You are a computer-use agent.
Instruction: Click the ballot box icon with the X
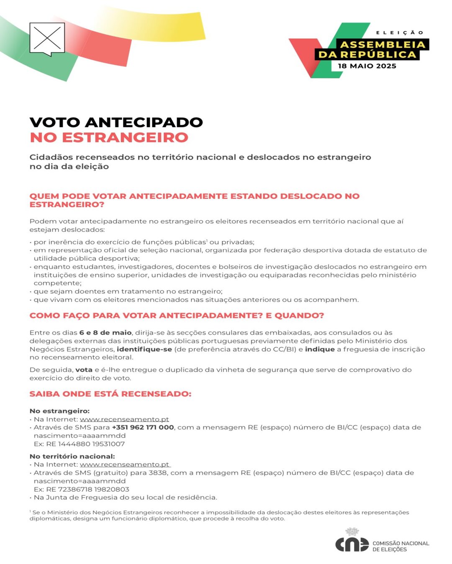tap(47, 39)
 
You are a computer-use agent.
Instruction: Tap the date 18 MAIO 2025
tap(367, 66)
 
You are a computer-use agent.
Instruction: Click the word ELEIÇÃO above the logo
tap(400, 33)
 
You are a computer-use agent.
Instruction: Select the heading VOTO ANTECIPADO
tap(116, 122)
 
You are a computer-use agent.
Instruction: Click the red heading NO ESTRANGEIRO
tap(109, 137)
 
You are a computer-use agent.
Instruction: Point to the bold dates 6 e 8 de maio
tap(105, 333)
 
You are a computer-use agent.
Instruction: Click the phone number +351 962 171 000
tap(143, 427)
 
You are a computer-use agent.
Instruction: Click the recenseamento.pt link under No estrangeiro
tap(124, 419)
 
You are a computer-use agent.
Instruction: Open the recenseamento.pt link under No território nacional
tap(125, 465)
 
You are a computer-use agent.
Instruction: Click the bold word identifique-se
tap(144, 349)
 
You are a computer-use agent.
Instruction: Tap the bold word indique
tap(320, 349)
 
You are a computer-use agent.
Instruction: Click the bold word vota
tap(84, 370)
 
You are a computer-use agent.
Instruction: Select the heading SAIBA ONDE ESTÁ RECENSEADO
tap(110, 394)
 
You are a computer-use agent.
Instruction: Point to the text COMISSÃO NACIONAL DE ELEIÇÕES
tap(401, 546)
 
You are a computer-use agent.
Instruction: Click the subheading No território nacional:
tap(72, 456)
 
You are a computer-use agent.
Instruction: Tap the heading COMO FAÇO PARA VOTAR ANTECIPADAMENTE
tap(177, 315)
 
